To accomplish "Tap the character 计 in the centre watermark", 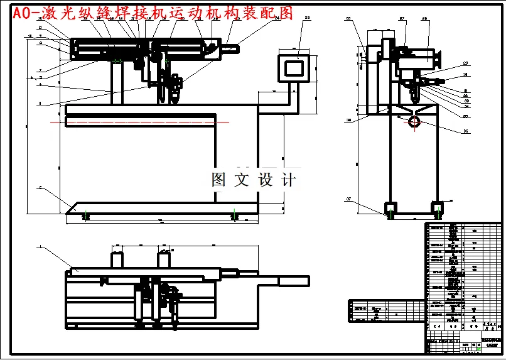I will click(288, 180).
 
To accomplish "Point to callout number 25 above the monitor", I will click(307, 18).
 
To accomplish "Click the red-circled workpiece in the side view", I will click(414, 121).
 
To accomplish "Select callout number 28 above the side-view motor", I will click(425, 19).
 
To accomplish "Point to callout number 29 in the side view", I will click(466, 63).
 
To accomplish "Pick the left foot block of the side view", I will click(390, 208).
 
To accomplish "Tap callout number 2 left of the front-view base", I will click(40, 187).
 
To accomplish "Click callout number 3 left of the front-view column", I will click(40, 103).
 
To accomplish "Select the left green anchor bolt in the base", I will click(86, 215).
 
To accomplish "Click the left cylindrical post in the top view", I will click(116, 258).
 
